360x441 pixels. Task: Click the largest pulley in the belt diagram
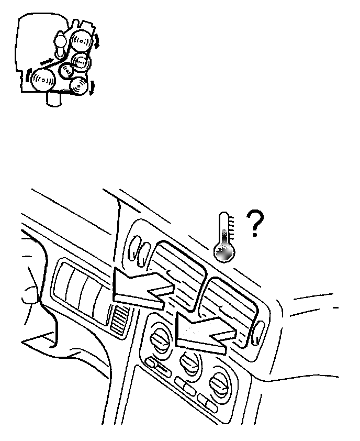pos(43,81)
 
